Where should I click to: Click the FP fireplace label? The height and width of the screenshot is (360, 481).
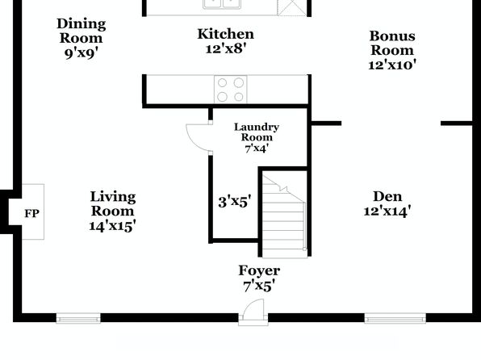click(x=31, y=213)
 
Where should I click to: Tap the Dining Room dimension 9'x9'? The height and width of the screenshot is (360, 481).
click(x=81, y=53)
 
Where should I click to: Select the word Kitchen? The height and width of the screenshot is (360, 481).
click(x=225, y=34)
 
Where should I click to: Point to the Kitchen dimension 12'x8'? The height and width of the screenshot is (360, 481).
click(x=226, y=48)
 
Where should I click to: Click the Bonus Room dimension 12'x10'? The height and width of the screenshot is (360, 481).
click(x=392, y=65)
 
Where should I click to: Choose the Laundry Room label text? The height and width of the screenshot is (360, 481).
click(x=257, y=132)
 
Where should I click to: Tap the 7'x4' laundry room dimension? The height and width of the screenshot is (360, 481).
click(x=257, y=149)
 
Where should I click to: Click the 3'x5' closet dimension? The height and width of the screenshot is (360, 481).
click(x=235, y=202)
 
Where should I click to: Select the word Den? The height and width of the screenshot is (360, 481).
click(x=387, y=196)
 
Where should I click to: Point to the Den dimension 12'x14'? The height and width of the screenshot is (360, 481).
click(x=387, y=211)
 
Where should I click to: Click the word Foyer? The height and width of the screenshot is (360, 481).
click(x=259, y=270)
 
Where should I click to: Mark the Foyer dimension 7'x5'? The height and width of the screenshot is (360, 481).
click(x=259, y=286)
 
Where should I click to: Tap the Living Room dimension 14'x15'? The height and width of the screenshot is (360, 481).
click(x=112, y=226)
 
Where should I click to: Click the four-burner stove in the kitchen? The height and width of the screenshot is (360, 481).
click(x=230, y=90)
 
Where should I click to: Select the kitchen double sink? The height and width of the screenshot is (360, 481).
click(x=222, y=4)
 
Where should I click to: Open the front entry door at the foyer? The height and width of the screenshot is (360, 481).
click(x=253, y=312)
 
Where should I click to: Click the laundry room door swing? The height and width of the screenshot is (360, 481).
click(x=199, y=137)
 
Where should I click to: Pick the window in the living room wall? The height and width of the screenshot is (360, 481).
click(x=78, y=318)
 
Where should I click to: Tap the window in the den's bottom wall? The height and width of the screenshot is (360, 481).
click(x=395, y=318)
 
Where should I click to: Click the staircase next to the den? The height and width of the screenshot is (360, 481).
click(x=284, y=215)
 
